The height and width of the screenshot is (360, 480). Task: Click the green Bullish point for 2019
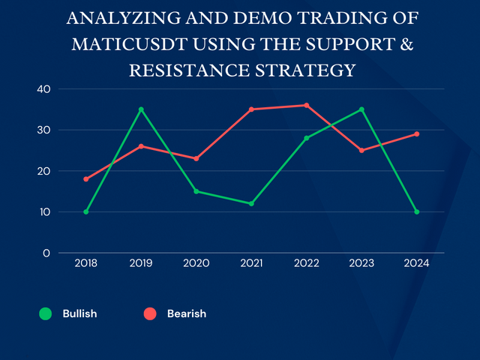(141, 109)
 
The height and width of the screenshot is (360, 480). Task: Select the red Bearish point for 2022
(307, 105)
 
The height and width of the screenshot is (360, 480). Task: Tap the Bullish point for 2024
(417, 211)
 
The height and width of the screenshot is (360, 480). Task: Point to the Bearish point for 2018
(86, 179)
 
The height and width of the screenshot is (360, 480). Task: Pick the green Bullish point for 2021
(251, 203)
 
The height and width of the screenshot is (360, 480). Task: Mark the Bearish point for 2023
(361, 150)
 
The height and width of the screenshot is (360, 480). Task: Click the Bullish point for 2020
(196, 191)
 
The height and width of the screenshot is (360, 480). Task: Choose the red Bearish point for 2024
(417, 134)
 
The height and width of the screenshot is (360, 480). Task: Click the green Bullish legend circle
(46, 313)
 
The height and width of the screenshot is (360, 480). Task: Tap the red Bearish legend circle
(151, 313)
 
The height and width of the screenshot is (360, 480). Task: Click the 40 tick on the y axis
(43, 89)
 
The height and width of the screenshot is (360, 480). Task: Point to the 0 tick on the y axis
(46, 253)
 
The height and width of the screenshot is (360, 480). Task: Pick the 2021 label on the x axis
(251, 263)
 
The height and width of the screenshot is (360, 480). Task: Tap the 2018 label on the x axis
(86, 263)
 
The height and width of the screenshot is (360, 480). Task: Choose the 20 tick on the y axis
(43, 171)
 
